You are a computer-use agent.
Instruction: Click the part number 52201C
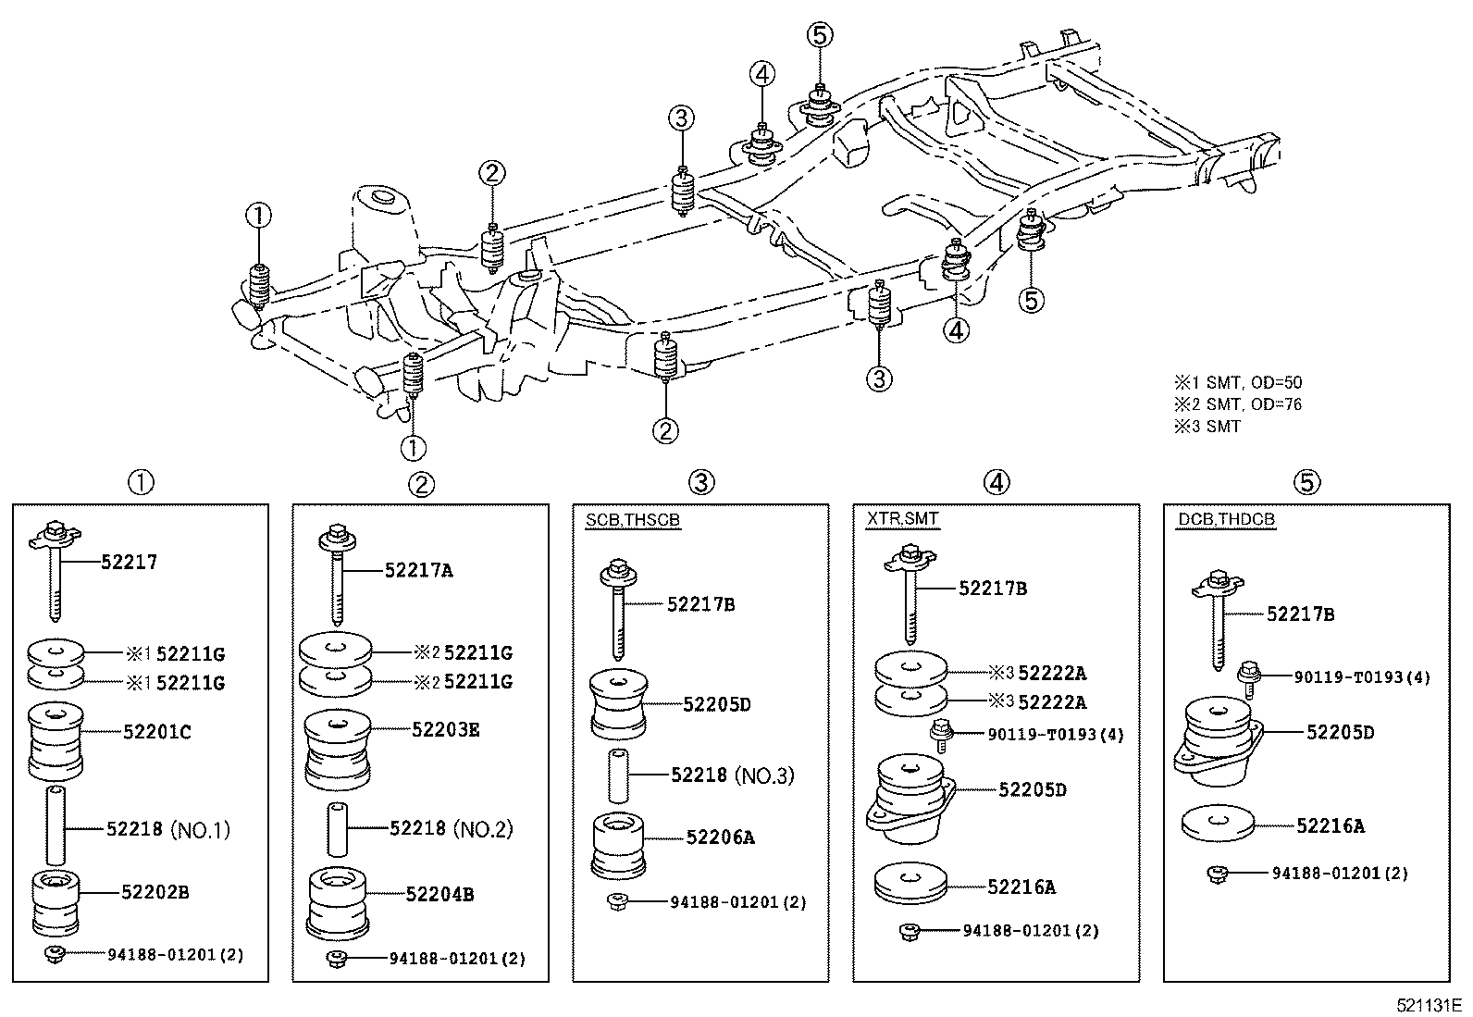click(156, 732)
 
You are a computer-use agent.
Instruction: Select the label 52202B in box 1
click(155, 892)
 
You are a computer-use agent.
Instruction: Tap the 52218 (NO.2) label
click(451, 829)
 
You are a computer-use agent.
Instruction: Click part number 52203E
click(445, 730)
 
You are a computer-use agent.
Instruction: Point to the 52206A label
click(720, 837)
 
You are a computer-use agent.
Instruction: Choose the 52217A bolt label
click(418, 571)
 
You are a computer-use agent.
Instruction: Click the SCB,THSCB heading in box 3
click(632, 520)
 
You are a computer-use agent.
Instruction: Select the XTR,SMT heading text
click(902, 519)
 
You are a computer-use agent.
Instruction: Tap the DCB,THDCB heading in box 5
click(1226, 519)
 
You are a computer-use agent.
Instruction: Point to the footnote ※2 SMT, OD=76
click(1238, 404)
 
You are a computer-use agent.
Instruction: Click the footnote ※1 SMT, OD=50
click(1238, 382)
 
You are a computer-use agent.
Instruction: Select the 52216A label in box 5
click(1330, 826)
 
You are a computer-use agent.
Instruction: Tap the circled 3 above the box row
click(700, 482)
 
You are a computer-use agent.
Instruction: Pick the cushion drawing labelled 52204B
click(340, 901)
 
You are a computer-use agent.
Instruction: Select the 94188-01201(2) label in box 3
click(737, 902)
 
